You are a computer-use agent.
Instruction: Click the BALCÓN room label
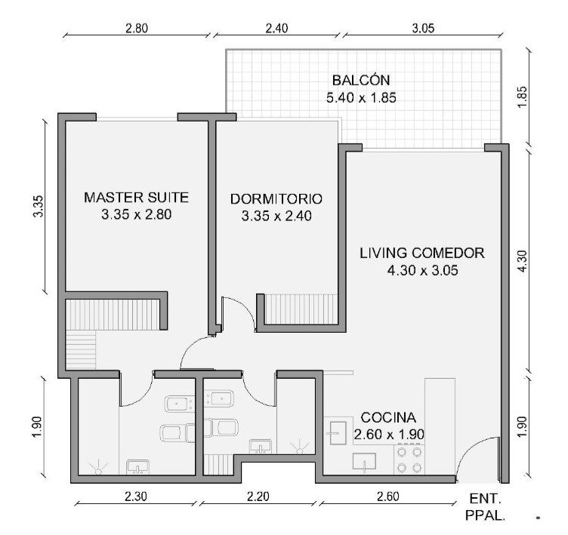(361, 80)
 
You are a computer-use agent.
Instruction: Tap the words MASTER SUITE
(136, 197)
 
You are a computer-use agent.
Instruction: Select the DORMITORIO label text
(276, 198)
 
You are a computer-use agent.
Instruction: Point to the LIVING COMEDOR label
(422, 253)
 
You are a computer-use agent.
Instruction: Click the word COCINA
(388, 418)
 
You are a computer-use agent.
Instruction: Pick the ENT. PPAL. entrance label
(485, 507)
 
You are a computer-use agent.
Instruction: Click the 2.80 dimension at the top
(137, 28)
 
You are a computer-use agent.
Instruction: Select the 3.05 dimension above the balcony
(423, 28)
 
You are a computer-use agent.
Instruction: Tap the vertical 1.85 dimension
(522, 97)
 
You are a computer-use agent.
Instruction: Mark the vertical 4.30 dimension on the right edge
(522, 261)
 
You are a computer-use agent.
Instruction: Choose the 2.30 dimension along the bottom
(136, 497)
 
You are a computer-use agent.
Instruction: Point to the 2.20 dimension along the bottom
(258, 497)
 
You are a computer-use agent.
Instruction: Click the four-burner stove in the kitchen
(409, 460)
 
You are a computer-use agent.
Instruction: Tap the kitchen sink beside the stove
(364, 463)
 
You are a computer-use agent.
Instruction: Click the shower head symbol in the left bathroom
(98, 468)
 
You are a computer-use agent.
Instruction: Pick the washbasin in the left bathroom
(137, 467)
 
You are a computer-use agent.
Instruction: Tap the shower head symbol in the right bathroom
(299, 447)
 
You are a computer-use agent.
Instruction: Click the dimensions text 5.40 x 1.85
(361, 98)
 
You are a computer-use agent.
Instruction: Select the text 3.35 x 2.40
(276, 216)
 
